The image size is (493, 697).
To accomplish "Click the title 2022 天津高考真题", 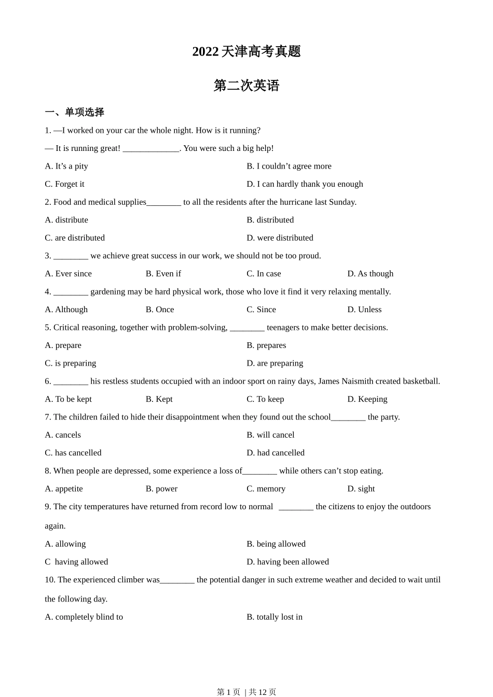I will tap(246, 51).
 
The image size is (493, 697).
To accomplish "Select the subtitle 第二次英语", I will tap(246, 86).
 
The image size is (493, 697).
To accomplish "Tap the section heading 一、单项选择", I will tap(74, 112).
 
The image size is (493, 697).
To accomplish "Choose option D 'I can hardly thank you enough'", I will tap(305, 184).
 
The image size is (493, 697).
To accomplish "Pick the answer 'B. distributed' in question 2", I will tap(270, 220).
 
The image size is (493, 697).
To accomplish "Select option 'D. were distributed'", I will tap(280, 238).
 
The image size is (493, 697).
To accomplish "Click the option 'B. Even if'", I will tap(163, 274).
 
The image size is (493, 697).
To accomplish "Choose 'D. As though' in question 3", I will tap(370, 274).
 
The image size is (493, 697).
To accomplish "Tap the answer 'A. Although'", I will tap(66, 310).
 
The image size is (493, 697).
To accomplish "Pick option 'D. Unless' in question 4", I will tap(364, 310).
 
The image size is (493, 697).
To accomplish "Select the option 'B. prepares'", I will tap(266, 345).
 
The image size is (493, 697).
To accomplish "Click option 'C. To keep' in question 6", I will tap(265, 399).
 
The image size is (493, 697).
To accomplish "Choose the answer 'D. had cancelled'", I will tap(276, 453).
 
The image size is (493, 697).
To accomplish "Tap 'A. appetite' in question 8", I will tap(64, 489).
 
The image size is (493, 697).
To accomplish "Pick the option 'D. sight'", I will tap(361, 489).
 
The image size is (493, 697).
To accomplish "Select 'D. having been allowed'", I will tap(287, 562).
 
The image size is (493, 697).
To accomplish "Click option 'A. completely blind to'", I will tap(84, 617).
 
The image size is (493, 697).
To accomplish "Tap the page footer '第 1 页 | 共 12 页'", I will tap(246, 692).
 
